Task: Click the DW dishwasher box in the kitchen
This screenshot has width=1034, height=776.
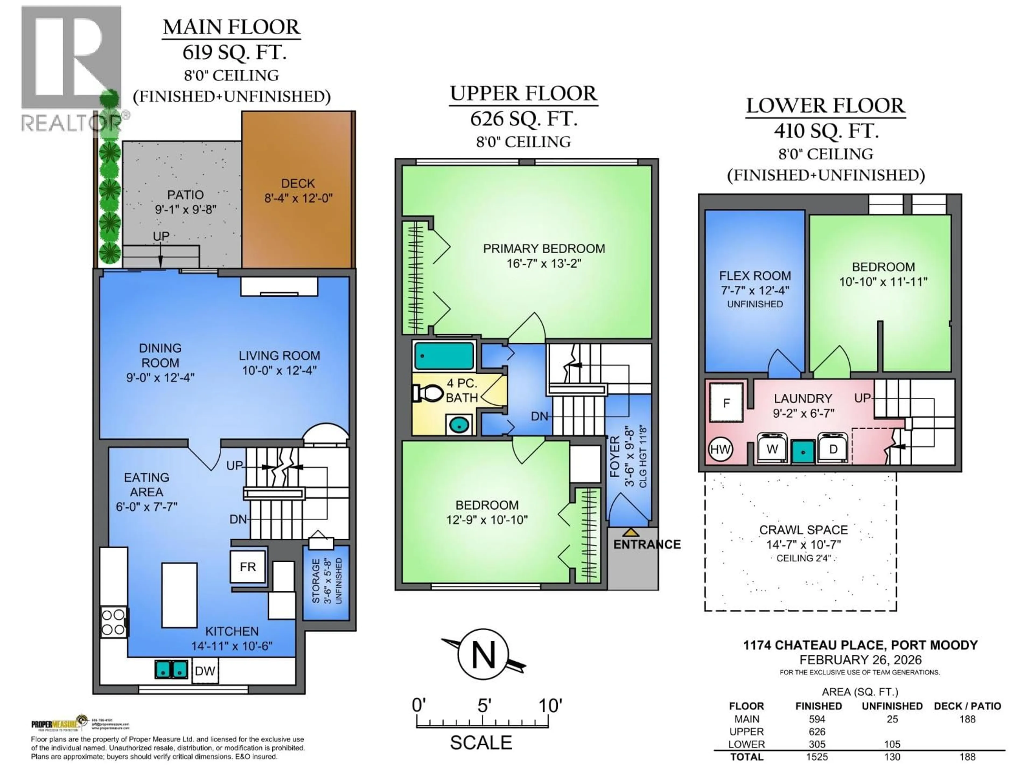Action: coord(204,671)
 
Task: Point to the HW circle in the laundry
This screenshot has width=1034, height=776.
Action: coord(720,449)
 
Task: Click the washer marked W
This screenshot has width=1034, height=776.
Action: coord(772,449)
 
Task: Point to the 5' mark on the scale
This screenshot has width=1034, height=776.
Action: coord(484,705)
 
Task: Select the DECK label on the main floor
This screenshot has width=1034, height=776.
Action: coord(298,183)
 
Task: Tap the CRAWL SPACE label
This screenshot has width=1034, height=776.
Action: coord(803,530)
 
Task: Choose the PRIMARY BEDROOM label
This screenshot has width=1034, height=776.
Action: coord(544,249)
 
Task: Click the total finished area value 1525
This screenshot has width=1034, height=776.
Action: coord(817,757)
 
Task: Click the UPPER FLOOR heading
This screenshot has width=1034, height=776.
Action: coord(523,93)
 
